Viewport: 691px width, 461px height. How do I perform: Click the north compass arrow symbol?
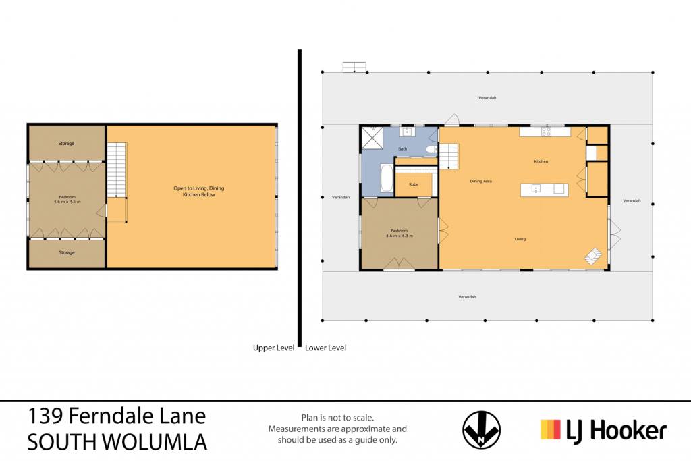point(481,430)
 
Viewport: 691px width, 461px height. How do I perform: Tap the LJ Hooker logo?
point(603,430)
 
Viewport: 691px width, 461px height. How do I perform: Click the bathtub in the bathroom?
point(387,178)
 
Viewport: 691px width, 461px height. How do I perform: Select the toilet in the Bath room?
point(431,150)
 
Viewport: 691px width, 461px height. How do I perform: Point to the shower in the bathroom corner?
point(372,138)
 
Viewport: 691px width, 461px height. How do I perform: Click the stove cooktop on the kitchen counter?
point(546,131)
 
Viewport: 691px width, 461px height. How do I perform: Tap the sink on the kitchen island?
point(536,189)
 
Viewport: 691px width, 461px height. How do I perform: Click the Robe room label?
point(414,184)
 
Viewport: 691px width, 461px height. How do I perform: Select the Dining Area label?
point(480,181)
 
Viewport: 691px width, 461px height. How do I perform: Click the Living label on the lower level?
point(520,239)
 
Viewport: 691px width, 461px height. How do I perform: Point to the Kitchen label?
point(541,161)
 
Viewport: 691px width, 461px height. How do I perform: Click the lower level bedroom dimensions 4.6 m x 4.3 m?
point(399,236)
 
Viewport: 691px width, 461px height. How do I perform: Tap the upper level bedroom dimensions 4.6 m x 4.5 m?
point(67,202)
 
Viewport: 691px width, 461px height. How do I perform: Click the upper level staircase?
point(117,169)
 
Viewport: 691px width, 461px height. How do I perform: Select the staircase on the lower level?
point(449,156)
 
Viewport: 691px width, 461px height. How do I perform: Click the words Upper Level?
point(274,348)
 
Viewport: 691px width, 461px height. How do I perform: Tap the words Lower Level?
point(326,348)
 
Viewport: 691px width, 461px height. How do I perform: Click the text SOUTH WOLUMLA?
point(117,442)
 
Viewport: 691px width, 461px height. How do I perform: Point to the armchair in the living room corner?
point(593,256)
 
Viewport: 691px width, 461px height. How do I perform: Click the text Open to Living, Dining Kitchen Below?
point(199,191)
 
